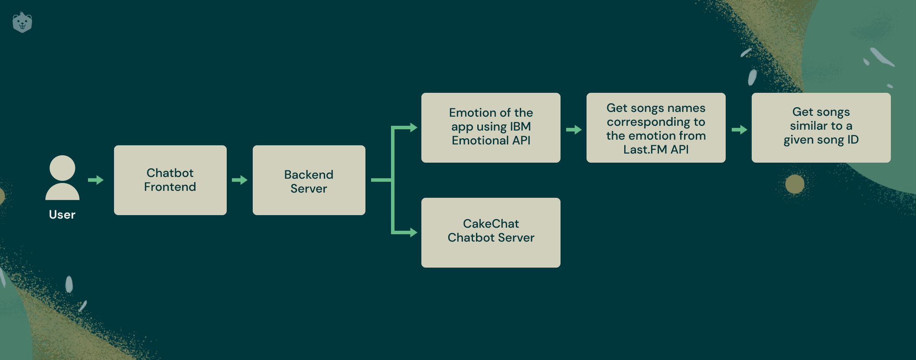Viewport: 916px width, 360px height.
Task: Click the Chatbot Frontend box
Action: coord(170,180)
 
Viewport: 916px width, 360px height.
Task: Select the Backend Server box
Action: coord(309,180)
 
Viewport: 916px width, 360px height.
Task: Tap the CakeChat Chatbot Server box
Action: coord(491,232)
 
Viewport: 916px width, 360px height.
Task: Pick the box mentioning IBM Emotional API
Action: coord(491,128)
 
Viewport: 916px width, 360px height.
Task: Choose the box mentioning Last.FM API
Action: coord(656,128)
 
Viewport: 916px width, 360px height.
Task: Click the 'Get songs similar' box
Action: coord(821,128)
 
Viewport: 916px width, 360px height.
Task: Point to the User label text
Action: coord(62,215)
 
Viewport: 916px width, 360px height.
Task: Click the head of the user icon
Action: coord(62,168)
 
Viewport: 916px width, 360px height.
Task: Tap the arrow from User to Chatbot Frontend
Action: coord(96,180)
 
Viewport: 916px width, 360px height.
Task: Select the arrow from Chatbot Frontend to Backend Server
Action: coord(240,180)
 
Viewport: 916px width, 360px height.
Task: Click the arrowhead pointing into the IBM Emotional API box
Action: coord(413,128)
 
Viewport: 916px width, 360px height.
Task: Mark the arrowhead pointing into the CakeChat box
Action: coord(413,232)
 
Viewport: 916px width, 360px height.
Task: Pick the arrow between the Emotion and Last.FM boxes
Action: coord(574,130)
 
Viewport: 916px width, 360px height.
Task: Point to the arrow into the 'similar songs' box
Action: coord(740,130)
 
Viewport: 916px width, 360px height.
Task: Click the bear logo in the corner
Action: coord(23,22)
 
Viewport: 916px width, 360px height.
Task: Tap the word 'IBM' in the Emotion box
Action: coord(520,127)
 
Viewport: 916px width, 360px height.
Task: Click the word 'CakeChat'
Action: coord(491,224)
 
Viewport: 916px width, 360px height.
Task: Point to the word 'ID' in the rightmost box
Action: coord(853,140)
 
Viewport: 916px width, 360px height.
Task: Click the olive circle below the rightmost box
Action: coord(795,184)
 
